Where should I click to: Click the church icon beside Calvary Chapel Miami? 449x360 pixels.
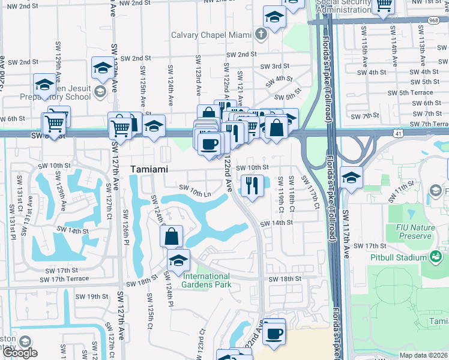261,34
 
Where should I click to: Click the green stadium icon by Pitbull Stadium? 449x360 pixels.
436,257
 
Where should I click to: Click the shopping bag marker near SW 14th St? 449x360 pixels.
171,236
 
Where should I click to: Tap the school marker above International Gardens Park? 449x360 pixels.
178,260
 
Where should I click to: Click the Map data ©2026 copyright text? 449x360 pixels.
424,355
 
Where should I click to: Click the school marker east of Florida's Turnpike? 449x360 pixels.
351,178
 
